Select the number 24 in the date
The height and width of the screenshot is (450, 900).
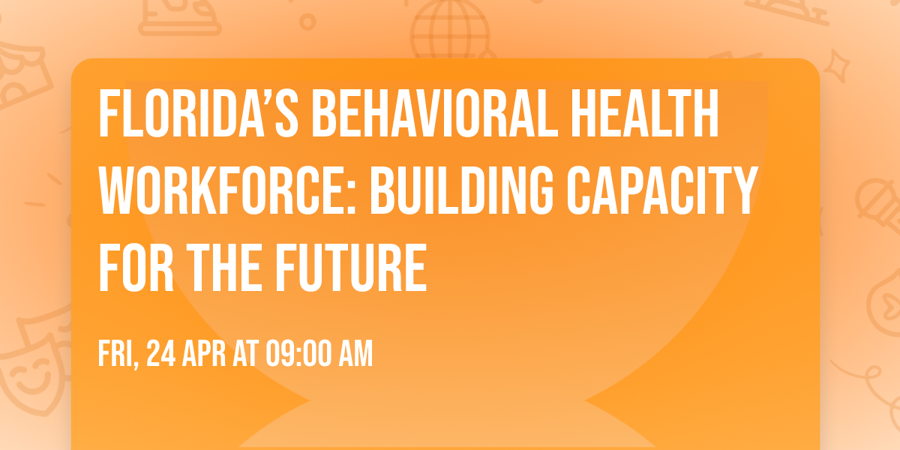click(x=162, y=353)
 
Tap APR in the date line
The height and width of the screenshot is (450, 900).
click(x=207, y=353)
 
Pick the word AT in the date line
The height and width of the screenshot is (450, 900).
click(x=247, y=353)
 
